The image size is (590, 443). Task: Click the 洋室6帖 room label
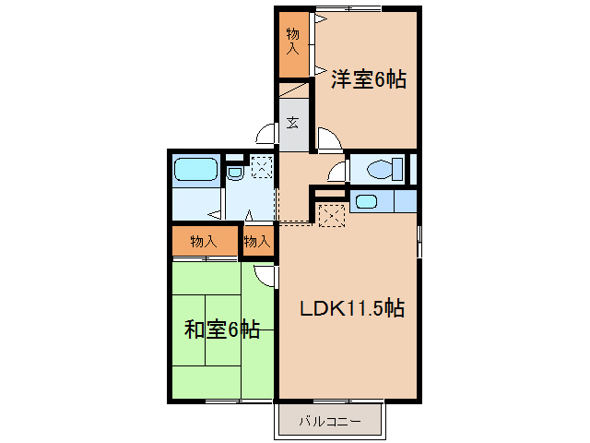point(369,79)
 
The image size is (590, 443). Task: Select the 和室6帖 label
point(221,329)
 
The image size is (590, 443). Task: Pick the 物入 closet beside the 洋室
point(294,42)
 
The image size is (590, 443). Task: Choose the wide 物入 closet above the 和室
point(204,242)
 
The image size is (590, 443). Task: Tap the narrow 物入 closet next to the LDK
point(257,242)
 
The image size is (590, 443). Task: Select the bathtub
point(195,171)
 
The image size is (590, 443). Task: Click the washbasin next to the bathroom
point(234,171)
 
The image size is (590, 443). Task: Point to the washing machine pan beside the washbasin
point(262,167)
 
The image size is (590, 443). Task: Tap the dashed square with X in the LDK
point(331,213)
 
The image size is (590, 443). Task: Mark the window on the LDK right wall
point(419,242)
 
